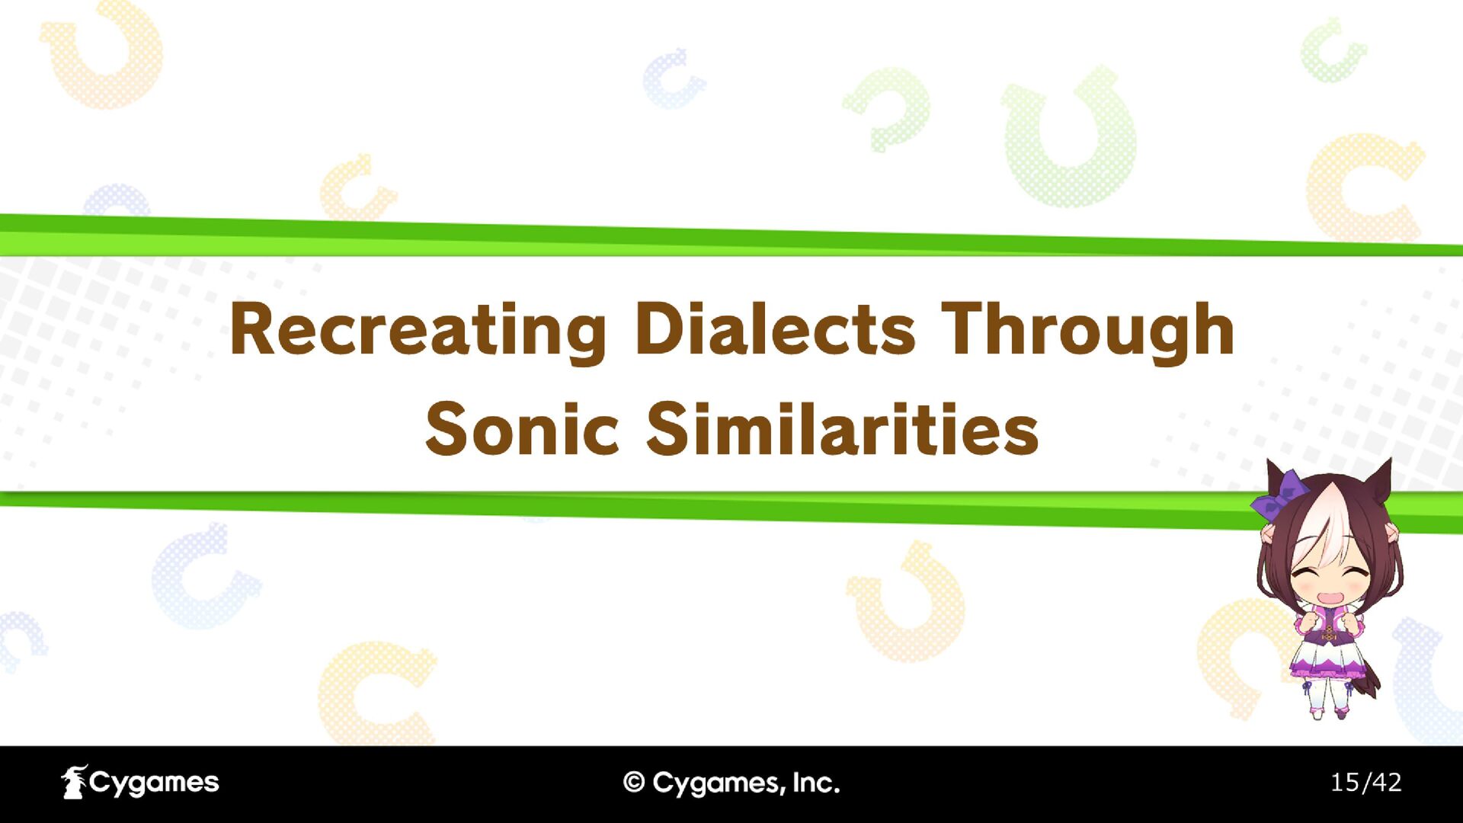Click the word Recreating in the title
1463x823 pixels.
point(418,331)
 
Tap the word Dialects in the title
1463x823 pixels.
point(774,328)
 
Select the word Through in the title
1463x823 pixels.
point(1088,331)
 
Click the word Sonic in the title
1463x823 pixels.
point(521,428)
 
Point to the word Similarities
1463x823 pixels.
point(843,428)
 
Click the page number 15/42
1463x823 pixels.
point(1365,783)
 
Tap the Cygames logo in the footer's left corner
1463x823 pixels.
point(140,783)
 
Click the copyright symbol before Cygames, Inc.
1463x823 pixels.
point(634,783)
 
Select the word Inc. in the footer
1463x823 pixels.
point(815,783)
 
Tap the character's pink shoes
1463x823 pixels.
point(1328,713)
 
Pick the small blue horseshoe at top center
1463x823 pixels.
point(672,79)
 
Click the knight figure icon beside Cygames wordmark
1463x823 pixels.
point(74,783)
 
